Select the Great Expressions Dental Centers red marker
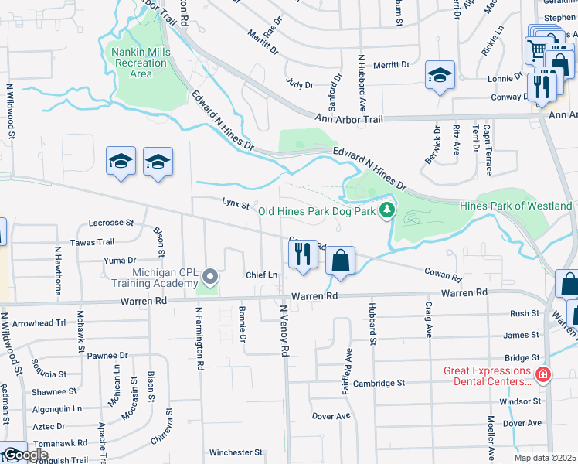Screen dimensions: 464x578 [543, 375]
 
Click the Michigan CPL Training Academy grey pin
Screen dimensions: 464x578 [209, 276]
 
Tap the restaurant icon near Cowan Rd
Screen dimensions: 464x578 [303, 254]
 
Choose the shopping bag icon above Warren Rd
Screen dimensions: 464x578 [340, 261]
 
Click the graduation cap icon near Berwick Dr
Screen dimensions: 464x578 [440, 75]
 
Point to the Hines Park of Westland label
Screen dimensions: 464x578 [515, 206]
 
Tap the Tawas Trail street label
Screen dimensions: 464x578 [92, 241]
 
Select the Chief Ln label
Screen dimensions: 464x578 [261, 275]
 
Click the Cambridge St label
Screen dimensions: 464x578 [379, 383]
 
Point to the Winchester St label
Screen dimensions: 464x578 [236, 452]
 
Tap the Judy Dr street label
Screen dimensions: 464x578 [299, 84]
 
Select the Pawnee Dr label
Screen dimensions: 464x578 [107, 355]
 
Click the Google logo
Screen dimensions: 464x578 [25, 455]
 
